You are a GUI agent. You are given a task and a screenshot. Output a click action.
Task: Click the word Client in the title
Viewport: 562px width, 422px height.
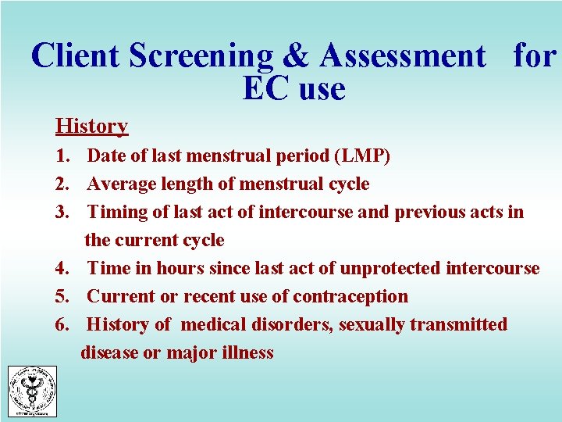[76, 56]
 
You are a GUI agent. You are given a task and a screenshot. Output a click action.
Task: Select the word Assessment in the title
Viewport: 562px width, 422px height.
[402, 56]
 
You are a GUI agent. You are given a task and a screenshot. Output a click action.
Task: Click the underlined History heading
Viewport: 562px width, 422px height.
[91, 126]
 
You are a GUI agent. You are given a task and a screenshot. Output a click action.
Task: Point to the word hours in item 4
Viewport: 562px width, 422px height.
[179, 268]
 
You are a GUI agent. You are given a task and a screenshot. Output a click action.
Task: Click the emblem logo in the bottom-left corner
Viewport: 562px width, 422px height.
[32, 391]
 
